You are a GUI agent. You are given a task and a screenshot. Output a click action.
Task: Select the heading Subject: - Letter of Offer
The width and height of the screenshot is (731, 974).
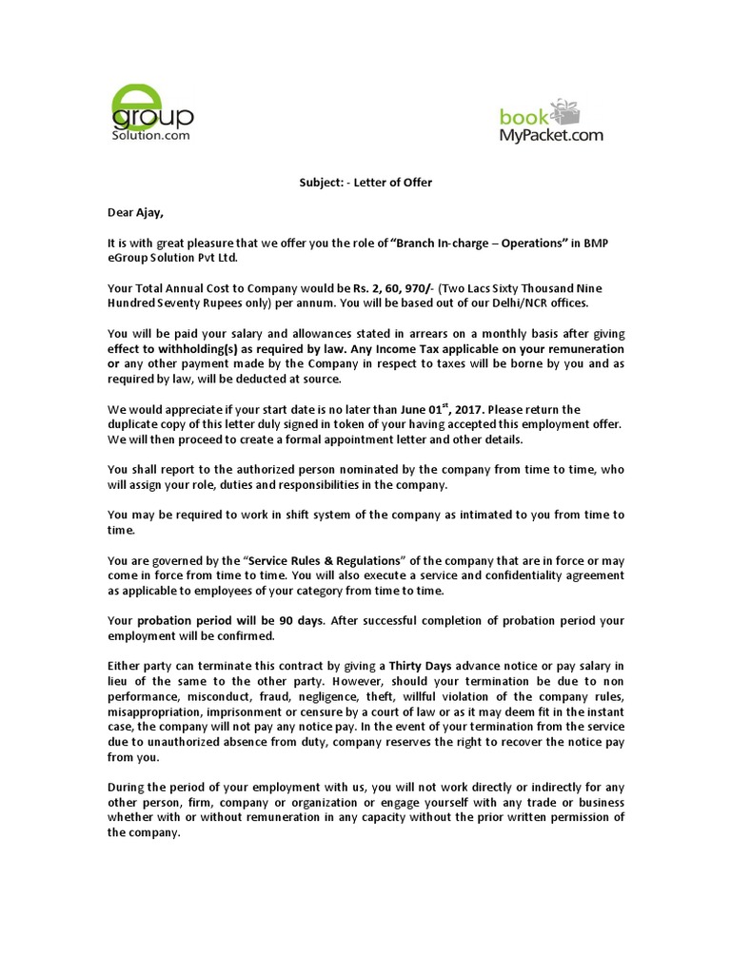[x=365, y=183]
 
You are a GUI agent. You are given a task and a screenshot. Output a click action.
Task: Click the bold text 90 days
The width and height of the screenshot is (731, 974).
[x=298, y=621]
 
